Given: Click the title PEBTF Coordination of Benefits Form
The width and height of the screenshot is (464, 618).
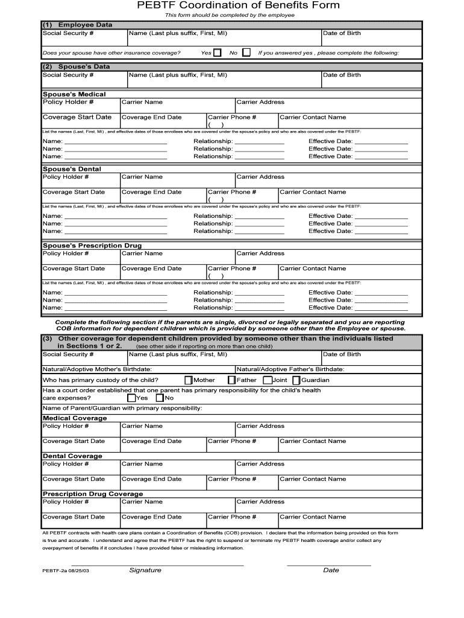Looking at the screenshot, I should [238, 5].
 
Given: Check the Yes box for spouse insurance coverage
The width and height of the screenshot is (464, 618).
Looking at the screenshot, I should [218, 53].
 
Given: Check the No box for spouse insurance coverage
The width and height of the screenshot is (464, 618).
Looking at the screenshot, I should [246, 53].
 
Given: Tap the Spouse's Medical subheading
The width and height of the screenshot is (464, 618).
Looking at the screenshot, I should [74, 94].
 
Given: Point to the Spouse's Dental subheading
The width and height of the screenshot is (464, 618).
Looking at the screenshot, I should [72, 169].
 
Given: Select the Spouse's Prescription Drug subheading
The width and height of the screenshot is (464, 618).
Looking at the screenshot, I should [92, 246].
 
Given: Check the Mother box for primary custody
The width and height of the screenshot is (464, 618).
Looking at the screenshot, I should [189, 380].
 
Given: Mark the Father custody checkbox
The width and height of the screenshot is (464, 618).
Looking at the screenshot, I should [231, 380].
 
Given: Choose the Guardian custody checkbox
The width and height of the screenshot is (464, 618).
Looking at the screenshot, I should [296, 380].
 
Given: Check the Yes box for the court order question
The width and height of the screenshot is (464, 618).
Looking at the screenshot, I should [131, 398].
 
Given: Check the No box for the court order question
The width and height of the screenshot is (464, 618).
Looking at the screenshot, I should [160, 398].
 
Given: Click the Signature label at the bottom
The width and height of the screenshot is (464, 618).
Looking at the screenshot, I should [145, 570].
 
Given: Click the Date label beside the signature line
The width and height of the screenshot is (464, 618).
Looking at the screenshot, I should [331, 570].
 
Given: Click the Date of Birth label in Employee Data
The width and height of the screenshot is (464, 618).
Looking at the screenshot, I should [342, 33].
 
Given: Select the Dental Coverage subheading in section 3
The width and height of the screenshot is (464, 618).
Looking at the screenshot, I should [72, 456].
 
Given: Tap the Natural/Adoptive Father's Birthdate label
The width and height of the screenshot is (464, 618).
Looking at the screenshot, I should [290, 369].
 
